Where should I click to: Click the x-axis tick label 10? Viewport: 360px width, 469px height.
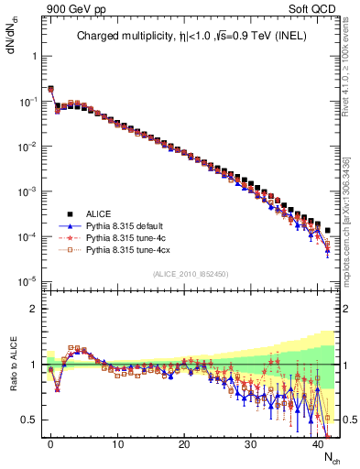[x=117, y=444]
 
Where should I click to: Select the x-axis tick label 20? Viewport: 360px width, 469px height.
[x=184, y=444]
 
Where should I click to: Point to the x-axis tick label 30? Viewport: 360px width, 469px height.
[x=251, y=444]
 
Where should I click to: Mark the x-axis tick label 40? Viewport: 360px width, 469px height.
[x=318, y=444]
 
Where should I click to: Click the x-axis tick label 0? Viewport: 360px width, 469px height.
[x=50, y=444]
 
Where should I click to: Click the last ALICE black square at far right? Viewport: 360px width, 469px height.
[x=327, y=231]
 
